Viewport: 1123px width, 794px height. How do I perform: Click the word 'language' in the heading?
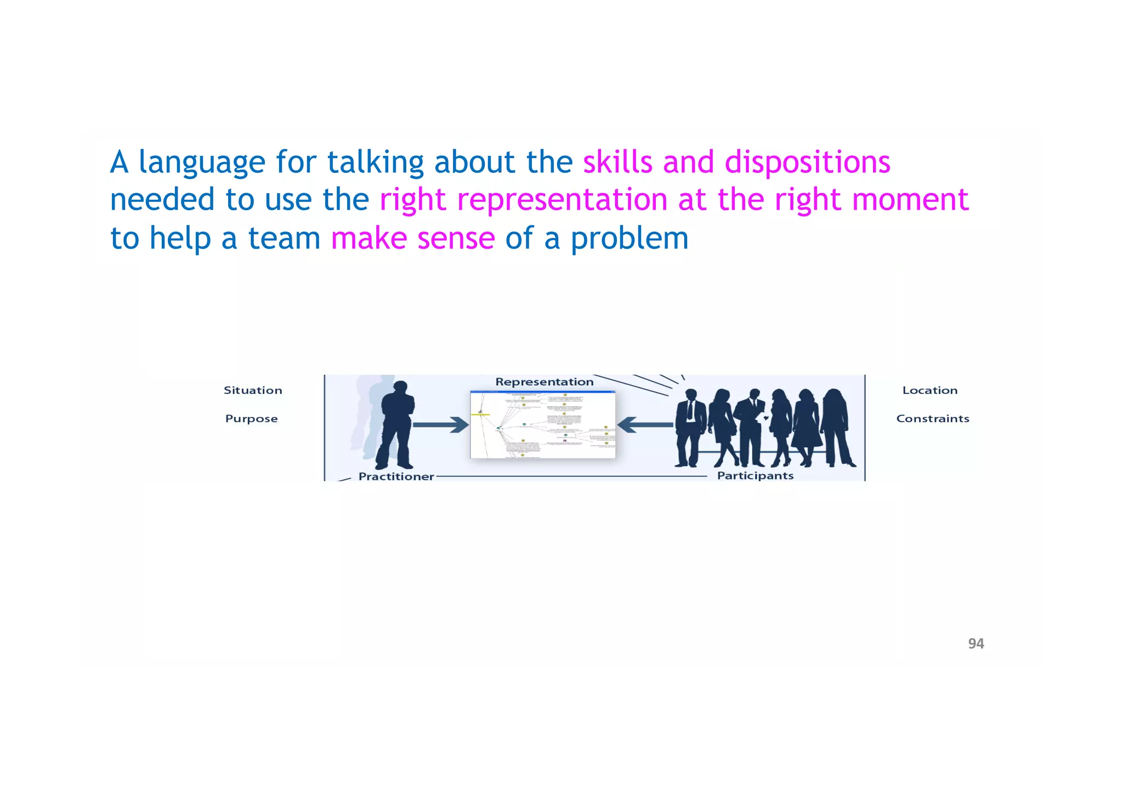[x=202, y=164]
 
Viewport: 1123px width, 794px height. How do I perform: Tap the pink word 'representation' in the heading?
[x=562, y=200]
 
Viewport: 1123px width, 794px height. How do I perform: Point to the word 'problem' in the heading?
[x=629, y=239]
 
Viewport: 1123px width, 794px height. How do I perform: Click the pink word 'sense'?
[x=456, y=239]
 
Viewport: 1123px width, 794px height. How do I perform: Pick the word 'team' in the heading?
[x=284, y=239]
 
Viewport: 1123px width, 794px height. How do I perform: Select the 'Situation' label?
[x=253, y=390]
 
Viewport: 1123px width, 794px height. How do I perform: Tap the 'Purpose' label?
[x=251, y=419]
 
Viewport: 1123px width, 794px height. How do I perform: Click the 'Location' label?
[x=929, y=390]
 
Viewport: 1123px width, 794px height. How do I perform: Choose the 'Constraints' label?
[x=932, y=419]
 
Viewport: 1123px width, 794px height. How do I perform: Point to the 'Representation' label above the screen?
[x=544, y=382]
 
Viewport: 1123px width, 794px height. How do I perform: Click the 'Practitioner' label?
[x=396, y=476]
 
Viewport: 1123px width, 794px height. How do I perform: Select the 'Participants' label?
[x=755, y=476]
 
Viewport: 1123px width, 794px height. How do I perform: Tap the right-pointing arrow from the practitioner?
[x=440, y=425]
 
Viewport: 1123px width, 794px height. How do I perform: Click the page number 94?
[x=975, y=644]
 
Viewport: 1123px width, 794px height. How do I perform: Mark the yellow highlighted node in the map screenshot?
[x=480, y=414]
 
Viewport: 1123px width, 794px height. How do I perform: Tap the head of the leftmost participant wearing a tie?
[x=691, y=395]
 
